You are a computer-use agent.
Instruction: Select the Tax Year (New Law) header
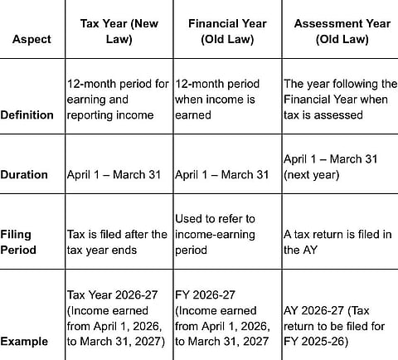[119, 31]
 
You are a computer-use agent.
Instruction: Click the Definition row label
[32, 115]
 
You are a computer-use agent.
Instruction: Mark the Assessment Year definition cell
[337, 100]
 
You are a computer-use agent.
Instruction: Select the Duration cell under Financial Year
[222, 175]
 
